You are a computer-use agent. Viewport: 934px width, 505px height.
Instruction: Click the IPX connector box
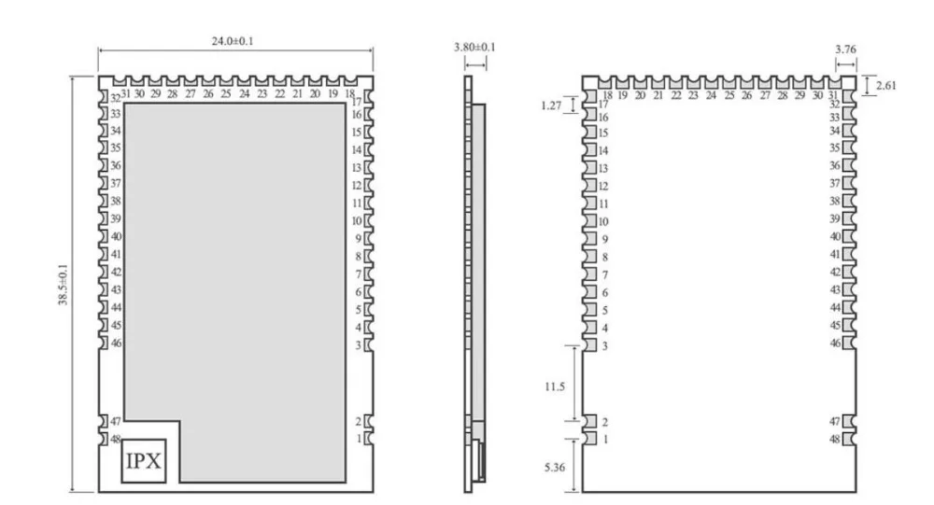pyautogui.click(x=144, y=461)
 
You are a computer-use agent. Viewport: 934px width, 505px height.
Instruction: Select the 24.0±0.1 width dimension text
pyautogui.click(x=233, y=41)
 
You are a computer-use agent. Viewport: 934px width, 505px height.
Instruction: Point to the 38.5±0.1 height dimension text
pyautogui.click(x=63, y=285)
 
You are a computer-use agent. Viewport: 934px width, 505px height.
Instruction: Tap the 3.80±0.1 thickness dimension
pyautogui.click(x=474, y=47)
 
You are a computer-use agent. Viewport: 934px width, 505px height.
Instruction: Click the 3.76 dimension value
pyautogui.click(x=846, y=49)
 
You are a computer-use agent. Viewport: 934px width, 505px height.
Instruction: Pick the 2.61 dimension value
pyautogui.click(x=885, y=86)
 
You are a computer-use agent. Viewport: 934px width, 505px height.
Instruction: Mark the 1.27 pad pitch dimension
pyautogui.click(x=551, y=106)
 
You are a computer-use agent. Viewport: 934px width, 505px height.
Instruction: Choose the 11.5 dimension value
pyautogui.click(x=555, y=387)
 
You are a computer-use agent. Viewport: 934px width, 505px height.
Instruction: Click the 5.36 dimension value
pyautogui.click(x=555, y=468)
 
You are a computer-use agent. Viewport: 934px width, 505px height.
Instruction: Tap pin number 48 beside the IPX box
pyautogui.click(x=116, y=439)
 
